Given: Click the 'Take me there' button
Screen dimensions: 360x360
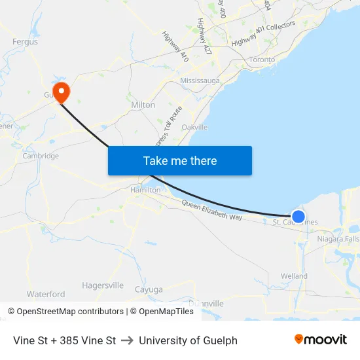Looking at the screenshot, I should coord(180,160).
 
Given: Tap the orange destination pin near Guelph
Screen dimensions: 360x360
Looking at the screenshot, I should coord(62,92).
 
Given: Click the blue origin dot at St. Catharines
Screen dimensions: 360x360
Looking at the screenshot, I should coord(298,216).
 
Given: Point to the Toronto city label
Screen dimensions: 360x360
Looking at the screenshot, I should coord(262,60).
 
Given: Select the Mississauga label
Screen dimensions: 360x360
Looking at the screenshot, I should coord(200,81).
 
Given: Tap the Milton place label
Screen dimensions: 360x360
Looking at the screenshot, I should coord(143,105).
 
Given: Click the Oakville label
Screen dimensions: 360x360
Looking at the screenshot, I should coord(195,127).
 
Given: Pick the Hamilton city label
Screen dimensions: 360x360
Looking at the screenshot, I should coord(145,190).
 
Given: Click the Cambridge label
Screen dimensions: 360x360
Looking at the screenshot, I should coord(41,156).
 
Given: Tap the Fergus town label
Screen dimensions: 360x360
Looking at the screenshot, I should coord(25,42).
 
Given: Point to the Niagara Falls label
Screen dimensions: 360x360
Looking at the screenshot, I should coord(338,239).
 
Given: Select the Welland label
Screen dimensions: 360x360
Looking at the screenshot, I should coord(294,276).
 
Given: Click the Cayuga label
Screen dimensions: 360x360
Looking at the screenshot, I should coord(149,289).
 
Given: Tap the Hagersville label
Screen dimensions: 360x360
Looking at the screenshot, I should coord(103,285).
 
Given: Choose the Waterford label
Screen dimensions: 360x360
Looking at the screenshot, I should coord(46,295).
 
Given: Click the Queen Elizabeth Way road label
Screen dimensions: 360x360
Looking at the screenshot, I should coord(212,211).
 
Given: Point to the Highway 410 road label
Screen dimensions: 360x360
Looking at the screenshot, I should coord(175,47).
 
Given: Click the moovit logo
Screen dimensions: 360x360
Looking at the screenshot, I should coord(321,340).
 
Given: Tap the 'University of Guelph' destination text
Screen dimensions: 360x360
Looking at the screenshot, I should coord(188,340).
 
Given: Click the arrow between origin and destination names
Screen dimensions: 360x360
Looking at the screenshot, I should coord(127,340).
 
